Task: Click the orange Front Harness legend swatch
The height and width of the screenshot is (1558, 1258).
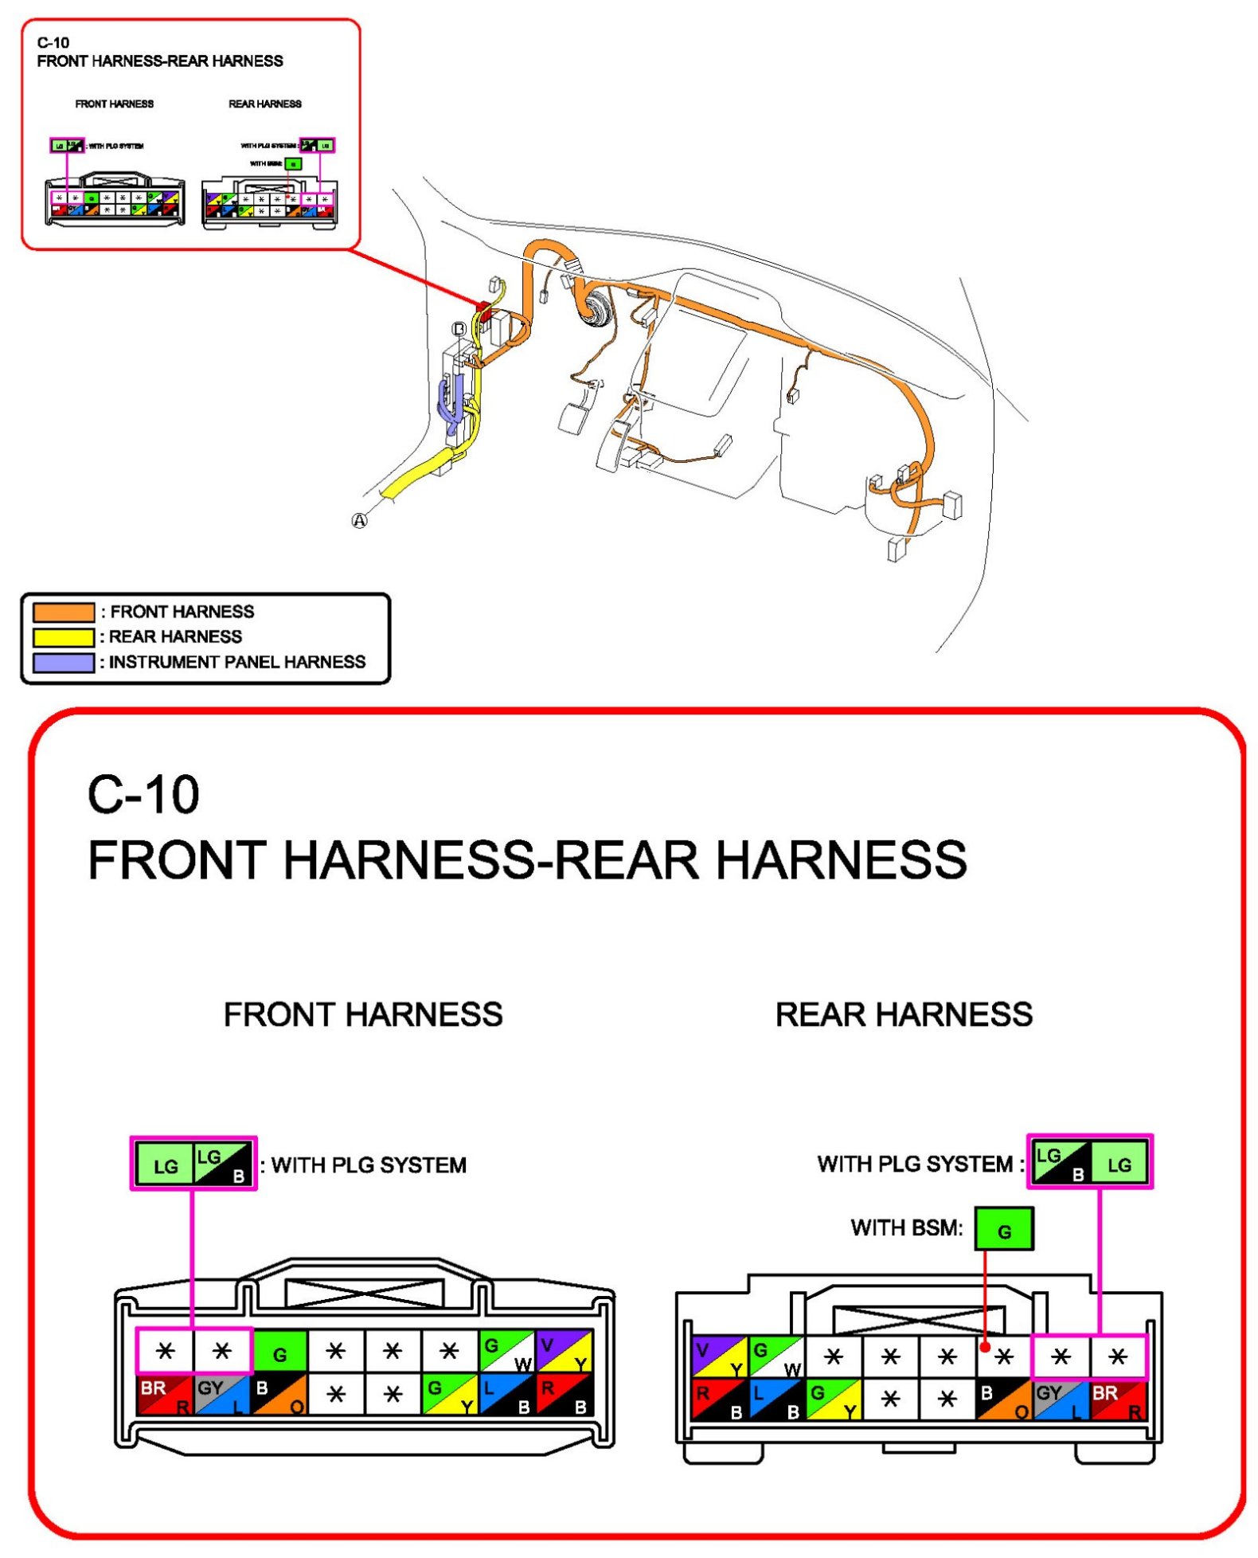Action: (x=63, y=612)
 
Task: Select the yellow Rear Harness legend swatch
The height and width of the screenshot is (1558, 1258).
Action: (x=63, y=637)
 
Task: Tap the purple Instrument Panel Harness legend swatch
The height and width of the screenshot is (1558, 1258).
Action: (x=63, y=662)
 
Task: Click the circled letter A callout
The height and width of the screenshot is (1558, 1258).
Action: (x=360, y=520)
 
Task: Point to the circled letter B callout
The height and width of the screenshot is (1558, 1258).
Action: (x=459, y=328)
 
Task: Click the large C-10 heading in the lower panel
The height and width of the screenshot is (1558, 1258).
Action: (x=143, y=794)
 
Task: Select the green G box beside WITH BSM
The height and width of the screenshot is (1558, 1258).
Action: (x=1003, y=1229)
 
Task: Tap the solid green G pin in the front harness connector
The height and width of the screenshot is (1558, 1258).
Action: (x=279, y=1352)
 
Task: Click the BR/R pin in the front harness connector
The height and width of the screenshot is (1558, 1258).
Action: (x=165, y=1395)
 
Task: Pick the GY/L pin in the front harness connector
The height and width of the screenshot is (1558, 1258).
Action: (x=222, y=1395)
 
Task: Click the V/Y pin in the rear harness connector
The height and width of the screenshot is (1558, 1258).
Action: (x=719, y=1356)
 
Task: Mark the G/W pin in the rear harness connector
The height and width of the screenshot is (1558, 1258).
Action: (x=776, y=1356)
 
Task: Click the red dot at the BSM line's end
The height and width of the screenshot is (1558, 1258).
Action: (x=985, y=1347)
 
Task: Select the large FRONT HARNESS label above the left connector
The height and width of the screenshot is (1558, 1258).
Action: (x=363, y=1014)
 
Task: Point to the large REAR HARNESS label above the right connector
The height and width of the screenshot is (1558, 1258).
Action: (x=904, y=1014)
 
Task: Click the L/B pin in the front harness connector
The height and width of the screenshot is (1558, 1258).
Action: (x=506, y=1395)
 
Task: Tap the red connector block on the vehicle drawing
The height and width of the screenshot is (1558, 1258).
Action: (x=482, y=310)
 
